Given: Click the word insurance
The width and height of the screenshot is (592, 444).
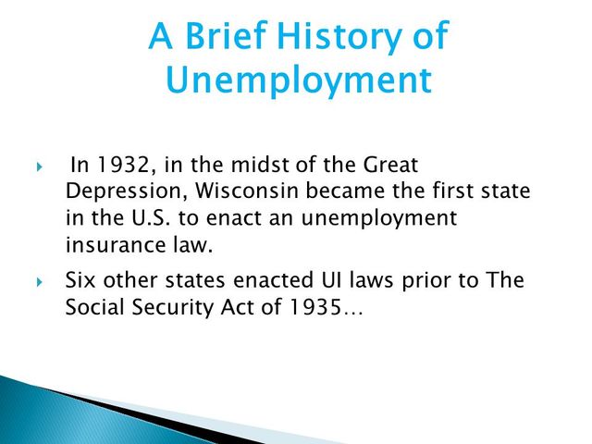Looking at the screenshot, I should point(106,247).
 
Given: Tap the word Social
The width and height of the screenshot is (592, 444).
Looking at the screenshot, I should point(94,307).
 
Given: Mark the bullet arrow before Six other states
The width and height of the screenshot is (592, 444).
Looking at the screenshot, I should point(40,281).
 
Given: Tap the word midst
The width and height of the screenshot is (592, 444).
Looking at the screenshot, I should point(256,167).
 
